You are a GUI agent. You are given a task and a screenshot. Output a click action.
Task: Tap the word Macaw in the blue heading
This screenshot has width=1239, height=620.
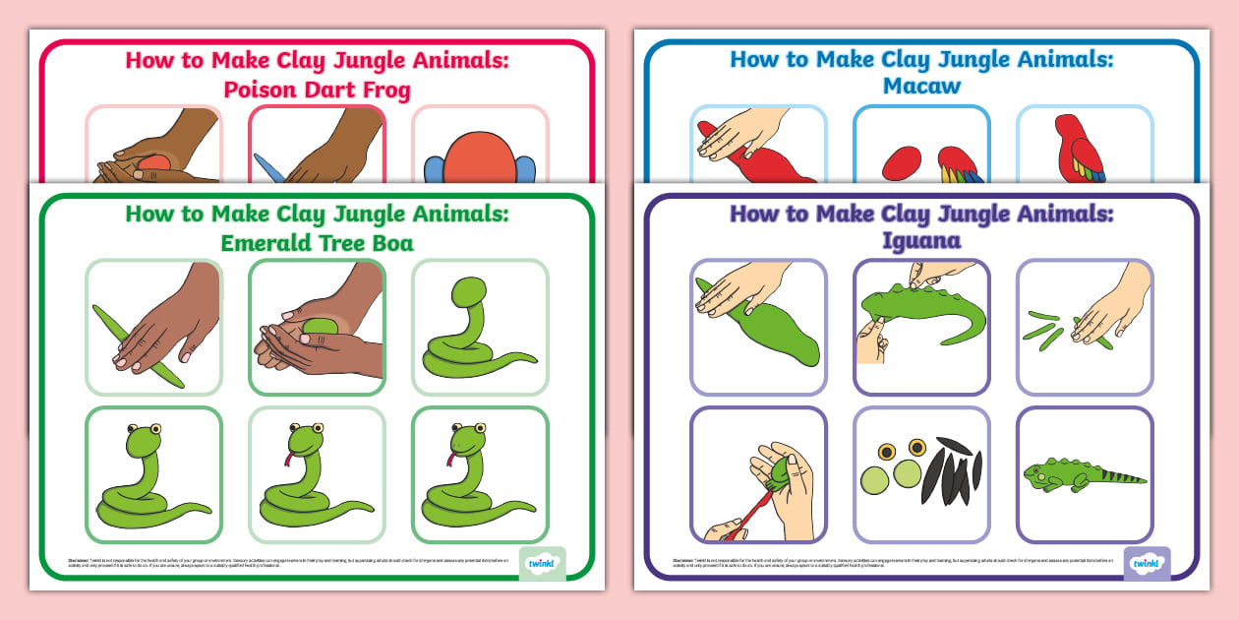(x=921, y=86)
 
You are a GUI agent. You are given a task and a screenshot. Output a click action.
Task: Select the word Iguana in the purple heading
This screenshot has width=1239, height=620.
(x=921, y=240)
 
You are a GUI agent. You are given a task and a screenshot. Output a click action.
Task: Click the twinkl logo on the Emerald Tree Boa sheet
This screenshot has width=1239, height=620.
(x=542, y=563)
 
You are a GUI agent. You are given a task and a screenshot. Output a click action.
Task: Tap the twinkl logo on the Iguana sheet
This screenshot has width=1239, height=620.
(x=1147, y=563)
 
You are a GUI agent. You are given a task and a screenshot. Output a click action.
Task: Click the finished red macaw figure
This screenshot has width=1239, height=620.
(x=1079, y=149)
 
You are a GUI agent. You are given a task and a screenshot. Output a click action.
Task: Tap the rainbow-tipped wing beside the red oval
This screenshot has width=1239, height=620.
(x=960, y=165)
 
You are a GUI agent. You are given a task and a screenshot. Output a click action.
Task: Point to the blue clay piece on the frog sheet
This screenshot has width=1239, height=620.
(x=270, y=168)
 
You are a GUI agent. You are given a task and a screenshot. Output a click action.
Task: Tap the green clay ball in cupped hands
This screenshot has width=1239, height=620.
(x=323, y=326)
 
